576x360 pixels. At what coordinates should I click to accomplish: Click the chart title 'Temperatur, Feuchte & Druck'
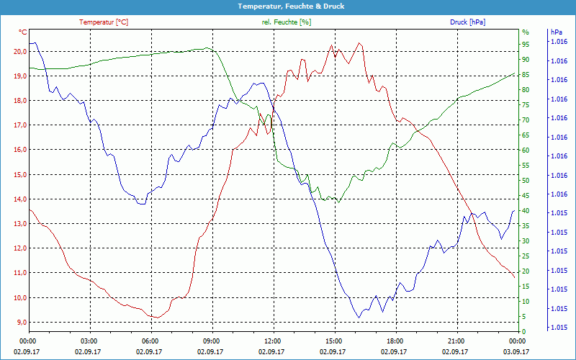pyautogui.click(x=288, y=6)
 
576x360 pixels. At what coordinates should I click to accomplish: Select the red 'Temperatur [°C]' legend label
pyautogui.click(x=104, y=22)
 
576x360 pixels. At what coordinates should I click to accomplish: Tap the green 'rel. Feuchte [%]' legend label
pyautogui.click(x=287, y=22)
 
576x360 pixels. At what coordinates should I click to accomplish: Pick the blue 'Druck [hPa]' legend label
pyautogui.click(x=467, y=22)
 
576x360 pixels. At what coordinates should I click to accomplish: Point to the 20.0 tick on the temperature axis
pyautogui.click(x=20, y=51)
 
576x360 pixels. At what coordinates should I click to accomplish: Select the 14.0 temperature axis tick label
pyautogui.click(x=20, y=199)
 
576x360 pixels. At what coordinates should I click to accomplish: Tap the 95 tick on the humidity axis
pyautogui.click(x=526, y=45)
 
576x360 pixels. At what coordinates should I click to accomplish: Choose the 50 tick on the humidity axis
pyautogui.click(x=526, y=180)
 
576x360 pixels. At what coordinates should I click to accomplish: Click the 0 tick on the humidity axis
pyautogui.click(x=523, y=331)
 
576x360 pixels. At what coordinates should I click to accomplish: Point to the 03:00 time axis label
pyautogui.click(x=89, y=341)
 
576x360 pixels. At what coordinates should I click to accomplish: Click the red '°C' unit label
pyautogui.click(x=22, y=32)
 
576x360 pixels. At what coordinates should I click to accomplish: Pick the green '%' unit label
pyautogui.click(x=525, y=32)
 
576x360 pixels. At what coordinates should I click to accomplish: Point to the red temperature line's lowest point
pyautogui.click(x=155, y=318)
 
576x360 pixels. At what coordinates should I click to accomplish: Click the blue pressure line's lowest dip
pyautogui.click(x=358, y=317)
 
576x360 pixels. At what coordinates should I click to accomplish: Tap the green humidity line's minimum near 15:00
pyautogui.click(x=338, y=202)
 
